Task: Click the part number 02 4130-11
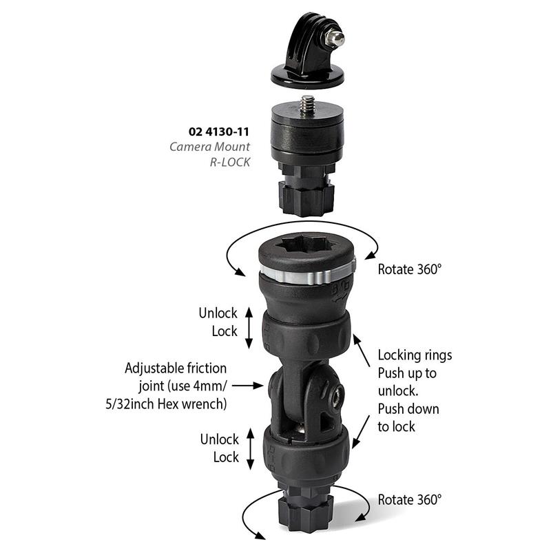pos(218,132)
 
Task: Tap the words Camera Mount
pos(210,147)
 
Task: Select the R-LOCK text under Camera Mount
pos(230,162)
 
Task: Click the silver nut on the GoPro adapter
pos(334,39)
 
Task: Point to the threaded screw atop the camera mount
pos(307,104)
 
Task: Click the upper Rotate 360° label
pos(409,269)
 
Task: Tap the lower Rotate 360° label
pos(409,500)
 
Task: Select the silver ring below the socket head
pos(308,273)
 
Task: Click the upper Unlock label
pos(218,313)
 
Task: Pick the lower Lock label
pos(226,457)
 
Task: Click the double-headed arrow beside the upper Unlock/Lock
pos(249,328)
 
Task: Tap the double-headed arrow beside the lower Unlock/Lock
pos(250,449)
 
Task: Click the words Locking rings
pos(415,355)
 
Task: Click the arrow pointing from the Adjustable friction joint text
pos(247,386)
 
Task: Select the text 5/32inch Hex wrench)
pos(166,404)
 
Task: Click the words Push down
pos(408,409)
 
